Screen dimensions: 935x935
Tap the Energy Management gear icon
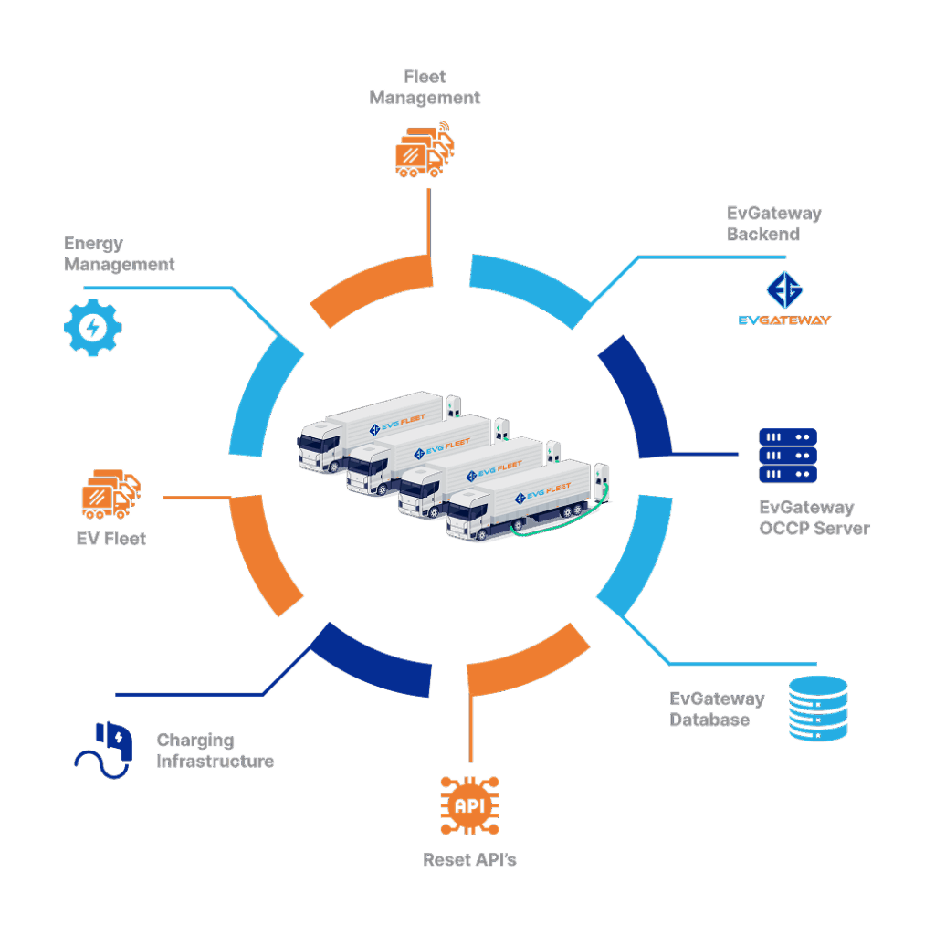coord(92,326)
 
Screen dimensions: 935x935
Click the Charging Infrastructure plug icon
coord(104,750)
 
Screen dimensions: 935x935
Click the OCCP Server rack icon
coord(788,456)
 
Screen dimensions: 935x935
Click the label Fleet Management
coord(425,87)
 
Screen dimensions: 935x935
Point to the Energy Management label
coord(119,254)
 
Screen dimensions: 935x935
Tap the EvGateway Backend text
coord(773,224)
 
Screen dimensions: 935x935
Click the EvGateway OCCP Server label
coord(814,517)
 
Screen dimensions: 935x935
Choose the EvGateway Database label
coord(717,709)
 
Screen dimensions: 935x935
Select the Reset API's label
coord(470,859)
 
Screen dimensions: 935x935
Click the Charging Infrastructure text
coord(215,751)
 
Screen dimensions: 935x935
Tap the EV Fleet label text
coord(110,538)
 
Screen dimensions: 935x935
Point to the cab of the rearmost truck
coord(317,444)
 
